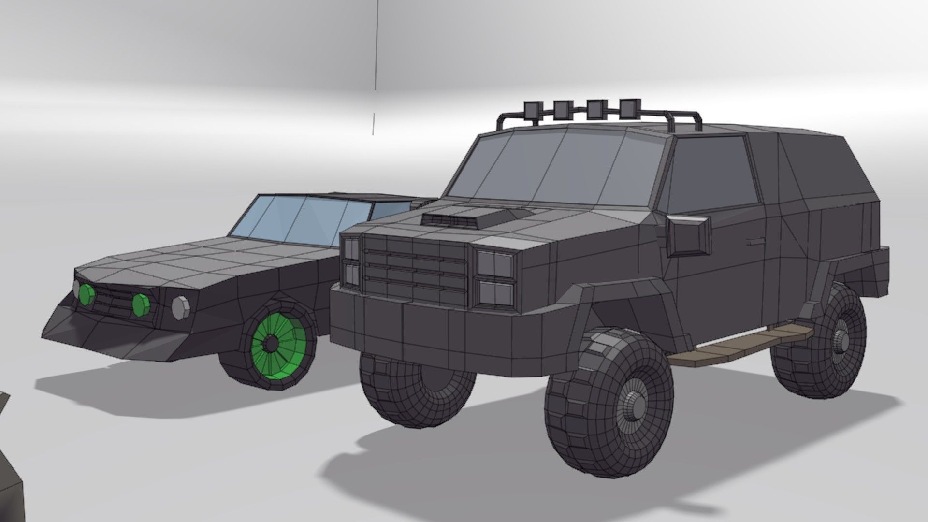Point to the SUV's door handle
(755, 240)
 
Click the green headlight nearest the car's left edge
(87, 294)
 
